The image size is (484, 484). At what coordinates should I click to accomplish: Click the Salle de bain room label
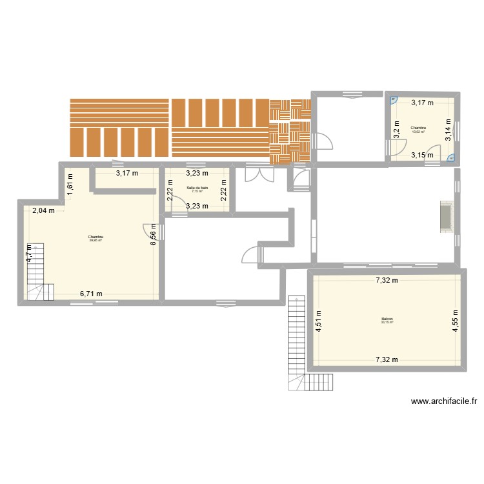[197, 188]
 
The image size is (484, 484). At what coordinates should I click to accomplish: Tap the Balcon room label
[387, 319]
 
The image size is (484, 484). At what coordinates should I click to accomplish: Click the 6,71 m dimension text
[91, 294]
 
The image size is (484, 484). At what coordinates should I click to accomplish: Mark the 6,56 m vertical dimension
[154, 234]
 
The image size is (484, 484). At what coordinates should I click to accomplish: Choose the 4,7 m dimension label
[29, 250]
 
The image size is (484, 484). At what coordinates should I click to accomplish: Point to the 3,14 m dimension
[449, 133]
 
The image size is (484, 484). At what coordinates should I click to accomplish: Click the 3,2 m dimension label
[397, 131]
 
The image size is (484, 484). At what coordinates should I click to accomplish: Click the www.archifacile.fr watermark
[444, 401]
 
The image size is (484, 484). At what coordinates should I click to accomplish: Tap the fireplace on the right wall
[445, 216]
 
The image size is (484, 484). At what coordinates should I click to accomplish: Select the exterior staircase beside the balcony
[297, 336]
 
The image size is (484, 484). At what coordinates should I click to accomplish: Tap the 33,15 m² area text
[387, 323]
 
